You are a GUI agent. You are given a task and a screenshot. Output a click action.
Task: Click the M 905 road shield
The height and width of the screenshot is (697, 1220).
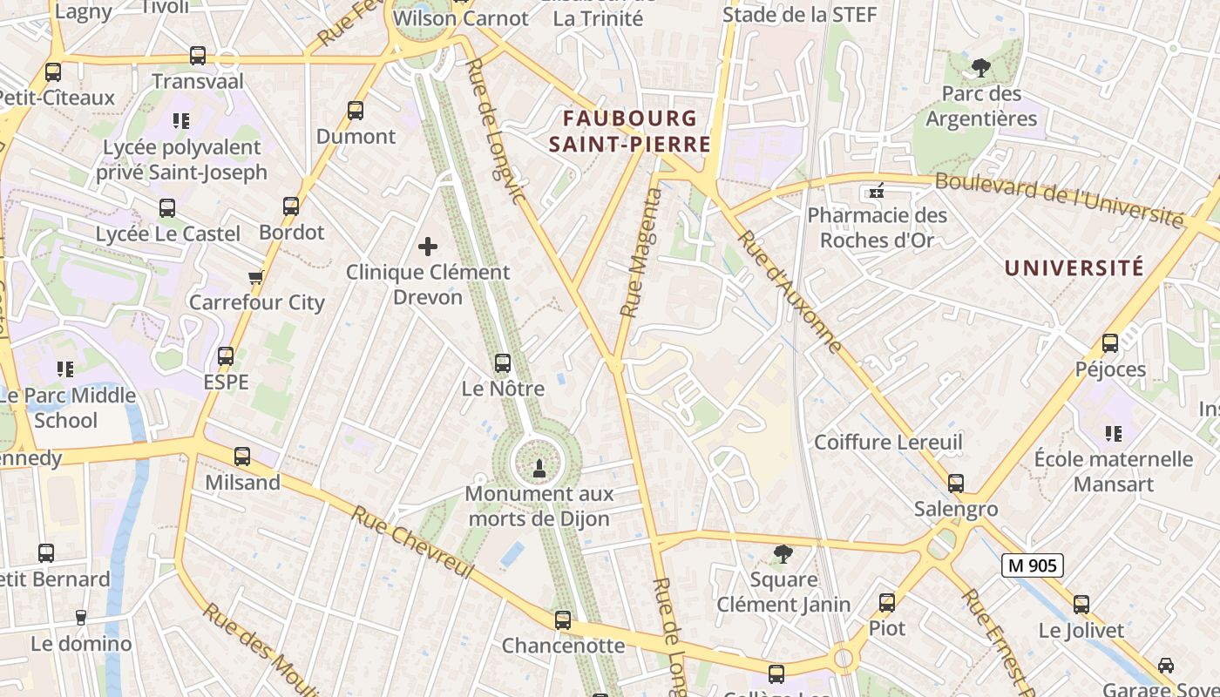point(1032,565)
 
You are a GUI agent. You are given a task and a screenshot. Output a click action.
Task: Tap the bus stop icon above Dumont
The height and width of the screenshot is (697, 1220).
point(356,111)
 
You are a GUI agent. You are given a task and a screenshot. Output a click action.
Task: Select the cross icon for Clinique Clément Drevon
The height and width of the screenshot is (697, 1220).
point(428,247)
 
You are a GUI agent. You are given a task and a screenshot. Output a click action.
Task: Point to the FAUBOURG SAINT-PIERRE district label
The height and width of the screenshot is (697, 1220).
point(630,131)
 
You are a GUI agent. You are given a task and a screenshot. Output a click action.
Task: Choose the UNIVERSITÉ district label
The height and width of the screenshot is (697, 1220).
point(1074,267)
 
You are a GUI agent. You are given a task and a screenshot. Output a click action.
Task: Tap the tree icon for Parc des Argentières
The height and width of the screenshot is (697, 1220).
point(981,68)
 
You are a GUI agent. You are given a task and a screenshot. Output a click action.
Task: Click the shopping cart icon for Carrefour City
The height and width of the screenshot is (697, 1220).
point(255,278)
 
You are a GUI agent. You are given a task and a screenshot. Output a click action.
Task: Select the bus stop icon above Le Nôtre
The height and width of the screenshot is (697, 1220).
point(503,363)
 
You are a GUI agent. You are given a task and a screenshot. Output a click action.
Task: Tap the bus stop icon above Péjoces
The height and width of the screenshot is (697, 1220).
point(1110,343)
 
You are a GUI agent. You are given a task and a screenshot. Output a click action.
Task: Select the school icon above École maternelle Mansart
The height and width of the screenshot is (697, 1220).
point(1113,433)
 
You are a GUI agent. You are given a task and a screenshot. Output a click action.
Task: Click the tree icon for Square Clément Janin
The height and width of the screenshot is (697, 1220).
point(783,553)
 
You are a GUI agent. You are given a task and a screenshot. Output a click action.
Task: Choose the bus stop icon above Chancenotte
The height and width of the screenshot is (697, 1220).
point(563,620)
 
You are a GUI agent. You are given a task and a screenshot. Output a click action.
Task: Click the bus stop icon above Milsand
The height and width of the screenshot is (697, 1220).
point(242,457)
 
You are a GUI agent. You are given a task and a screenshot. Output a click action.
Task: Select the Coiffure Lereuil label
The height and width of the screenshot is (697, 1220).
point(888,443)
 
